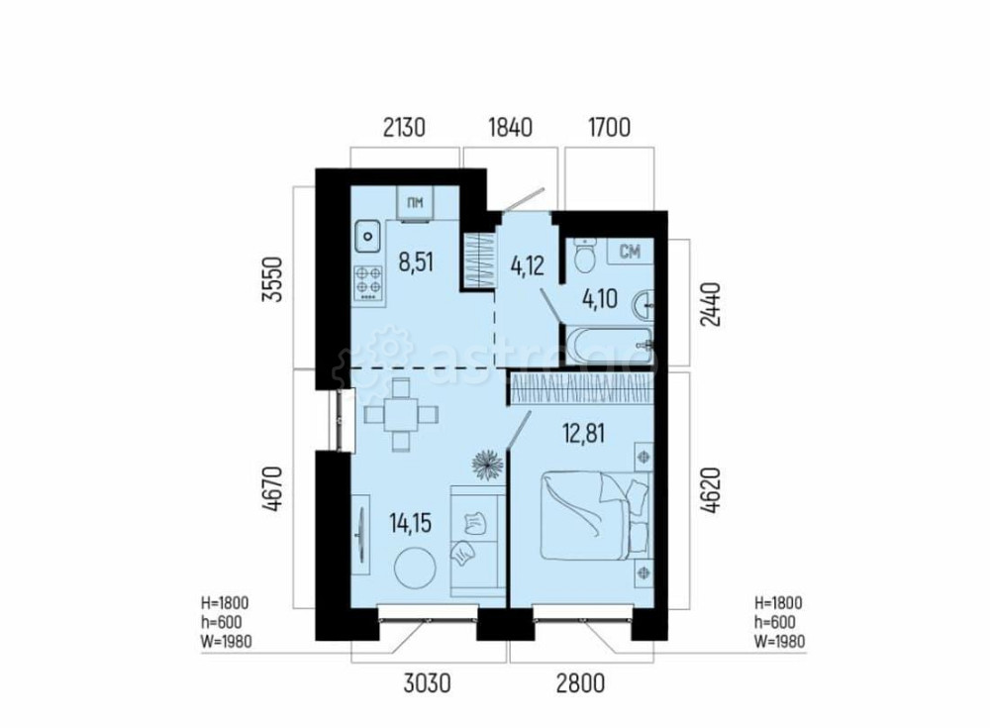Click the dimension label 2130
click(403, 127)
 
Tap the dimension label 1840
click(511, 127)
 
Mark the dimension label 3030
click(427, 682)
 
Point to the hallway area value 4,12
click(527, 265)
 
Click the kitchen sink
click(368, 237)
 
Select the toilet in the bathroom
click(584, 255)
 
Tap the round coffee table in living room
click(413, 570)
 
